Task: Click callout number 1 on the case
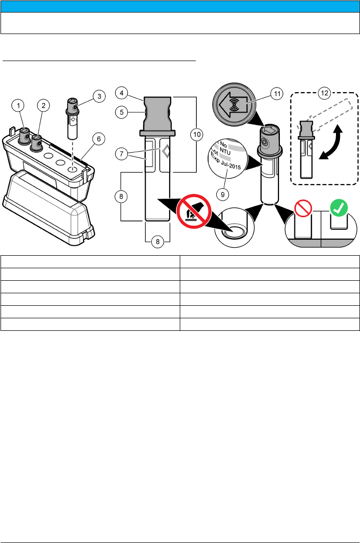pos(19,105)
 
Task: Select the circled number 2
pos(44,105)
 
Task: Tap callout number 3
pos(99,96)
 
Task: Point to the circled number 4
pos(121,92)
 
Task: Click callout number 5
pos(121,113)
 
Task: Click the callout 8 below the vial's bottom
pos(157,241)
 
